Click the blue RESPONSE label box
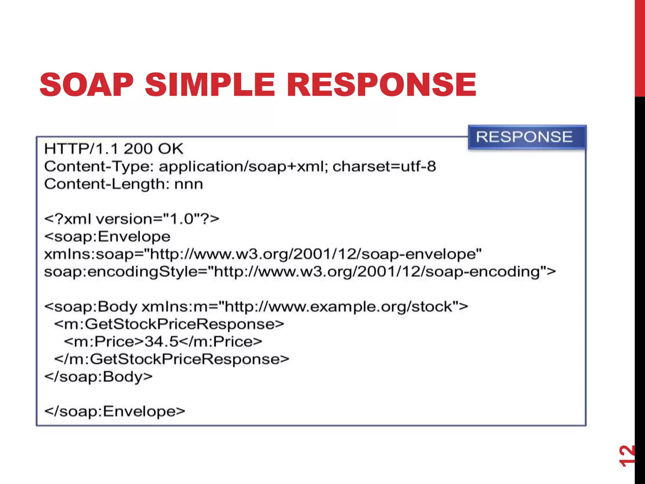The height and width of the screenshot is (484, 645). tap(527, 137)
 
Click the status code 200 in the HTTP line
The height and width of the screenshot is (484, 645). tap(138, 149)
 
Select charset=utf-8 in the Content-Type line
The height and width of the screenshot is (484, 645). tap(384, 166)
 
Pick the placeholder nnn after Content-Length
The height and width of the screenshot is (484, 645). tap(189, 184)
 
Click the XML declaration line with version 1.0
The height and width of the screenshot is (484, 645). tap(132, 219)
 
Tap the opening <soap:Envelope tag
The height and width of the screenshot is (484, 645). tap(107, 237)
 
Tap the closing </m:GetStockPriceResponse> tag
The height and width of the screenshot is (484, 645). tap(172, 359)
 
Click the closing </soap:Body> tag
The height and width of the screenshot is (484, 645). tap(98, 377)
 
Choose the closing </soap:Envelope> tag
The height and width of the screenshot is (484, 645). tap(115, 412)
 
